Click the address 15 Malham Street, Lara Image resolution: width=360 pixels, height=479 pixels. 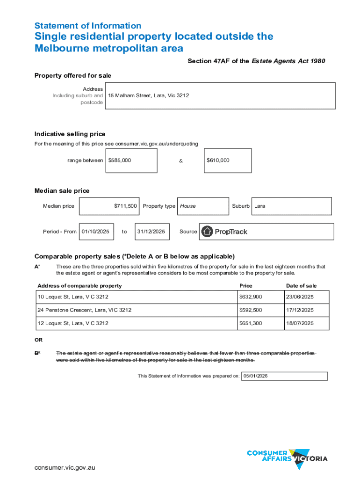click(149, 95)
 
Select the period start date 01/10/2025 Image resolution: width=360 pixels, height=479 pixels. click(95, 232)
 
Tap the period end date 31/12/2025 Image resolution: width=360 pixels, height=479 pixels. click(151, 232)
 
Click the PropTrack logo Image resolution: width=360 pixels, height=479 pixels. click(224, 232)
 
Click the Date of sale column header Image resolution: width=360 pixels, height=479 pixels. click(302, 286)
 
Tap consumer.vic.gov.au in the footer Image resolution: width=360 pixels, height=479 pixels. click(65, 467)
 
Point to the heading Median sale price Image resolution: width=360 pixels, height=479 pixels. click(62, 191)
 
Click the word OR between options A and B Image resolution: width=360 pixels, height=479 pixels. click(39, 341)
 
